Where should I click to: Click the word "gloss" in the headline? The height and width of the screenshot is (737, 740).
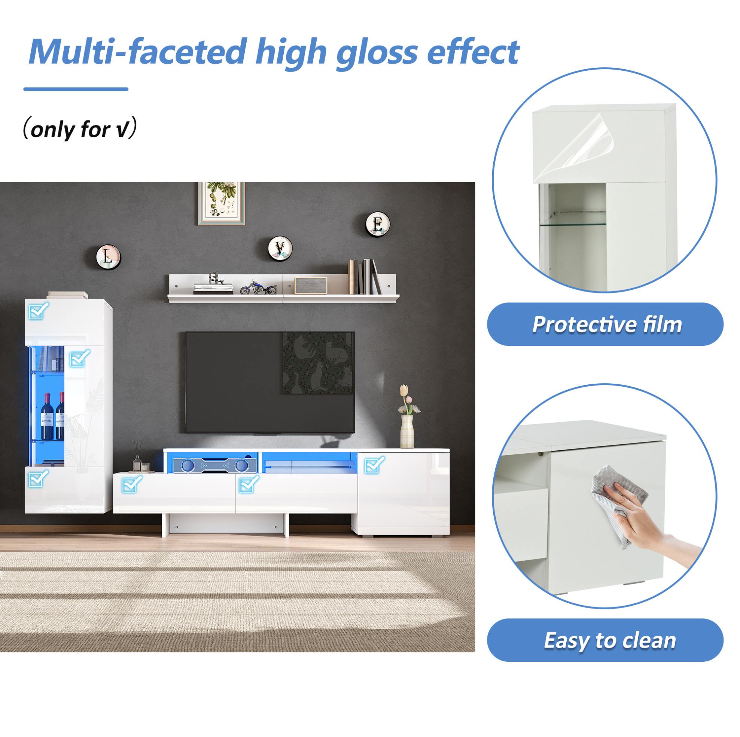[377, 54]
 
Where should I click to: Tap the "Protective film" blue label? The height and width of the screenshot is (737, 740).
[605, 325]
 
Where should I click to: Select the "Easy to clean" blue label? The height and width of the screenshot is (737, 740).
[605, 640]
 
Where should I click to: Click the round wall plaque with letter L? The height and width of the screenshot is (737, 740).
[109, 257]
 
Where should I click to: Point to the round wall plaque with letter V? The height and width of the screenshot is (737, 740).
[280, 248]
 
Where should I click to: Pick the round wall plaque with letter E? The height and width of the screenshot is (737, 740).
[378, 224]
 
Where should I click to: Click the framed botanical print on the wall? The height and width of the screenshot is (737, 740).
[221, 203]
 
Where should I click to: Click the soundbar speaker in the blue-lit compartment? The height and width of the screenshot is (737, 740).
[214, 465]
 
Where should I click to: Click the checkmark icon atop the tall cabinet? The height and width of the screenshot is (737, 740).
[39, 310]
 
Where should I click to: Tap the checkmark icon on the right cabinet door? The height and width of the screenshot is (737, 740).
[374, 465]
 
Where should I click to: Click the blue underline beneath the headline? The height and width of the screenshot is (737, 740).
[76, 89]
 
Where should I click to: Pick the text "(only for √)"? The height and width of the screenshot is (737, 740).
[80, 129]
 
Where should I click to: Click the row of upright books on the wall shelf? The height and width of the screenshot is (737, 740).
[364, 277]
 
